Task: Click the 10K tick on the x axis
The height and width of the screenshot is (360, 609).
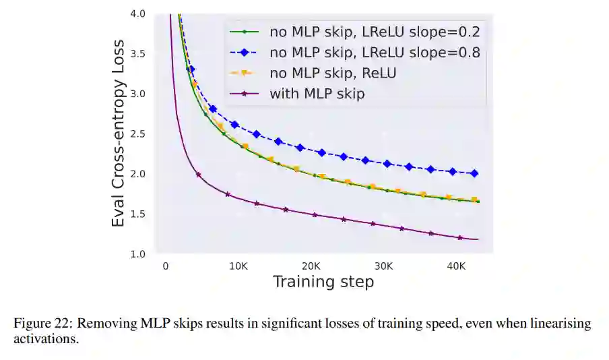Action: point(238,266)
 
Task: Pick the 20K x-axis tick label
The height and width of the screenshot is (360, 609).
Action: point(311,266)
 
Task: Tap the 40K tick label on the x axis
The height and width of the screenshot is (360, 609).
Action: point(457,266)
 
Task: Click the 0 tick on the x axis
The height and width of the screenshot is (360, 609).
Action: point(166,266)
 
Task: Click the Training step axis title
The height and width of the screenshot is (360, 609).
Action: point(323,282)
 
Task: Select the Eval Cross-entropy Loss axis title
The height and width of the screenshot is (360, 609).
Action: point(119,134)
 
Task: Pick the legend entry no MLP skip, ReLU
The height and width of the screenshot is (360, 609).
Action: point(333,73)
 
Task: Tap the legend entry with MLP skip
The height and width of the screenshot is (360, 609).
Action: point(317,94)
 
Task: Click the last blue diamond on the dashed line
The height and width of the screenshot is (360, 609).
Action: point(474,173)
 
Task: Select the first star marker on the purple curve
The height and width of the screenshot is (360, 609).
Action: point(198,175)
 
